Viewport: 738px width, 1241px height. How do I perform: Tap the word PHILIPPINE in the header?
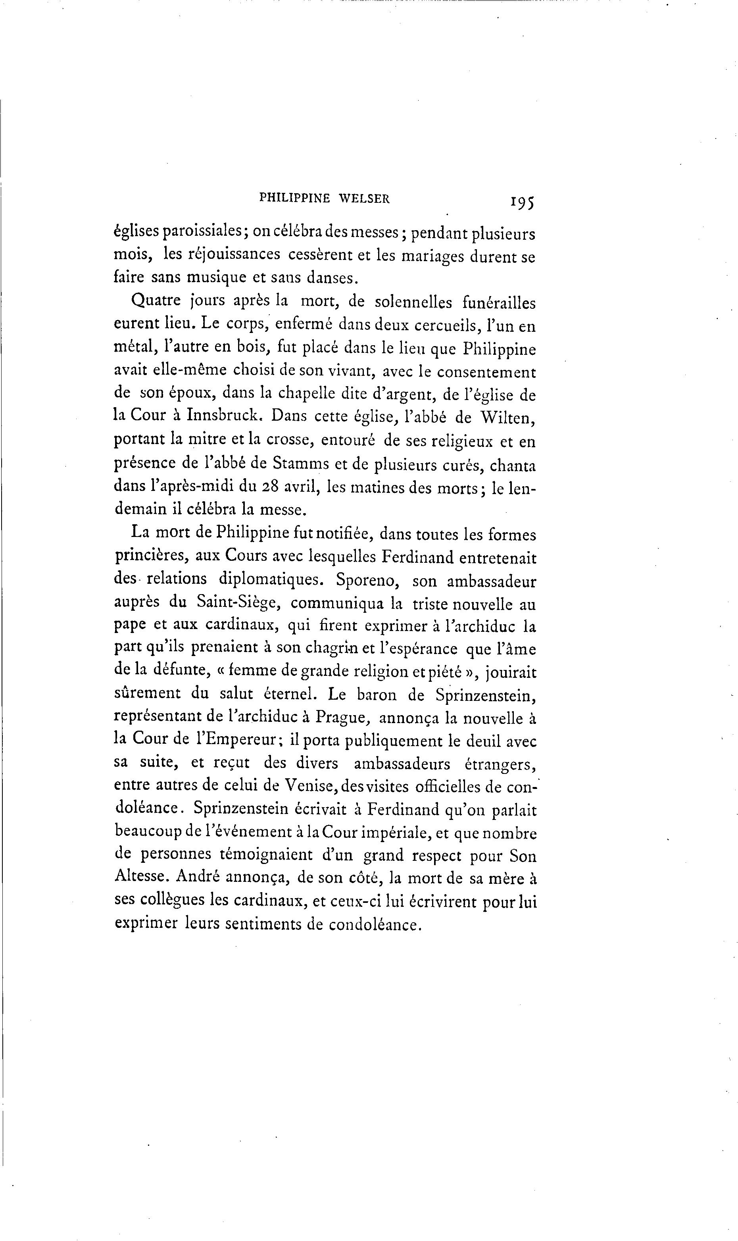pyautogui.click(x=294, y=198)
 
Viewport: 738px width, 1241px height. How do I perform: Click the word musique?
pyautogui.click(x=218, y=277)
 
